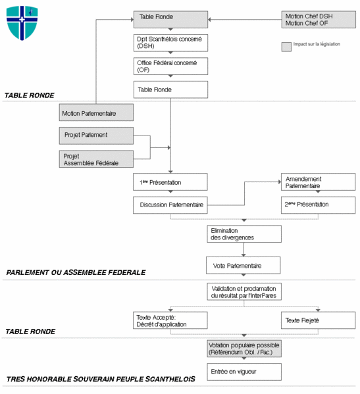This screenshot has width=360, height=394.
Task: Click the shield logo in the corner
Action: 22,22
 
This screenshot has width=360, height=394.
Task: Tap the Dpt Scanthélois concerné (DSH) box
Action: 170,42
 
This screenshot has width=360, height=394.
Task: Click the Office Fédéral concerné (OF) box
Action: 170,65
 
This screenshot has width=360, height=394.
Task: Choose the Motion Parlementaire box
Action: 96,112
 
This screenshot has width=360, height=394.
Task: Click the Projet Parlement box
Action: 96,135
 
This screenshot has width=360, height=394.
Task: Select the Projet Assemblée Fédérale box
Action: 96,159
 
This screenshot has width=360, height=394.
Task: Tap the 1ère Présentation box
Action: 170,182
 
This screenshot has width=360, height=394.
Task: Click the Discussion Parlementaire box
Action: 170,205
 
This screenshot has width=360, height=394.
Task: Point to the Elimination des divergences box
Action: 244,234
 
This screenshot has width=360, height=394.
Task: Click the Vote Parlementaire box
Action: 244,265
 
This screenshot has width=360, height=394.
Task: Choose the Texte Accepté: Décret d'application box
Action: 170,320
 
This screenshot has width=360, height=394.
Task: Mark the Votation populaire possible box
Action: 244,349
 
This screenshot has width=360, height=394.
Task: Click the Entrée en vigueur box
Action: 244,372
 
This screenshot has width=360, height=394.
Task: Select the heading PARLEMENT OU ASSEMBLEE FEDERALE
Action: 76,272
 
